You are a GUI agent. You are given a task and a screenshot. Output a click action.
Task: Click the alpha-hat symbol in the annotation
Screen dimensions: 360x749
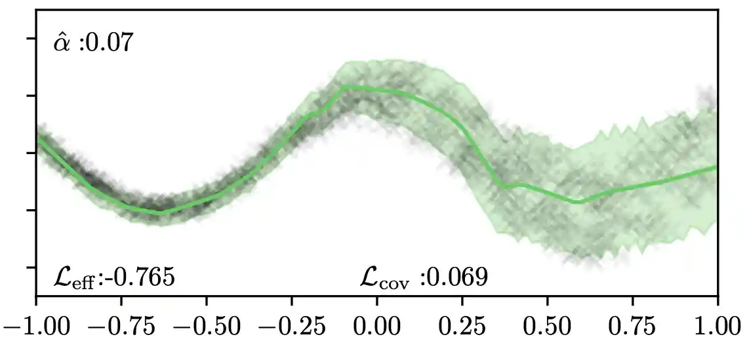(x=62, y=44)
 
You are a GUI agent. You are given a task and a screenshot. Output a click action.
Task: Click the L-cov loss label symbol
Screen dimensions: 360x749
(x=385, y=278)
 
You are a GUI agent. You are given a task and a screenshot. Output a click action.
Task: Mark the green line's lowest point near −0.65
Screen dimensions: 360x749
(x=159, y=212)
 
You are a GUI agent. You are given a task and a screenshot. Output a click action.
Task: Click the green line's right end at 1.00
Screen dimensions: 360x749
(x=717, y=167)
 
